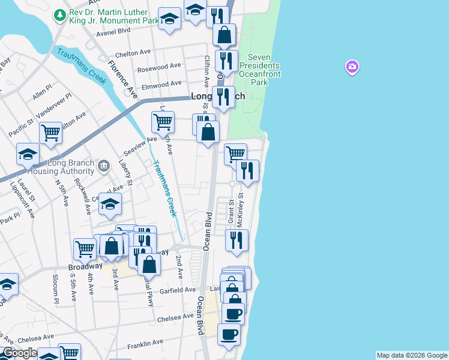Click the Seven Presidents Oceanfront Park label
259,69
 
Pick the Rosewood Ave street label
158,67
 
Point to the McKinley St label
241,208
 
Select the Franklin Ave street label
145,343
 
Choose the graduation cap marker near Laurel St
28,155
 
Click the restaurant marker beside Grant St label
237,240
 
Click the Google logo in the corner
20,353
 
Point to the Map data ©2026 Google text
411,355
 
